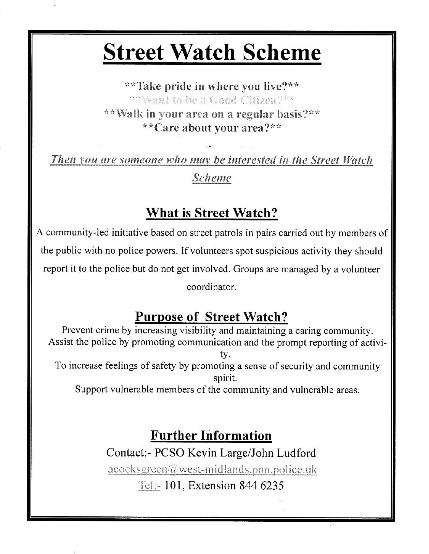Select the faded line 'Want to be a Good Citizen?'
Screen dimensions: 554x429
[212, 100]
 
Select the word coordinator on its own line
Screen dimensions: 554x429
[212, 287]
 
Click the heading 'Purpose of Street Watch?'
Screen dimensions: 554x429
[211, 317]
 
